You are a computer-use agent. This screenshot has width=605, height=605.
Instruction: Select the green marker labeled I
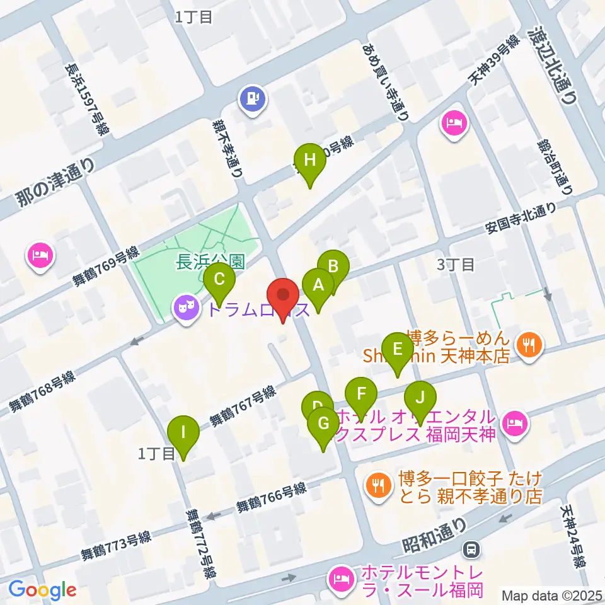point(183,434)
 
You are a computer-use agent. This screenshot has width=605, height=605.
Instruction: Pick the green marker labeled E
point(397,350)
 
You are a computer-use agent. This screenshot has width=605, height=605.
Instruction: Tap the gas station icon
point(253,98)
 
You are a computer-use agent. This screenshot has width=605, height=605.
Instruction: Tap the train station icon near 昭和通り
point(471,550)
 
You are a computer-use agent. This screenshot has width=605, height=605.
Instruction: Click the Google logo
point(43,591)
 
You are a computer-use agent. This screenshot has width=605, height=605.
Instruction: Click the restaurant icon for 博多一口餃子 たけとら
point(378,485)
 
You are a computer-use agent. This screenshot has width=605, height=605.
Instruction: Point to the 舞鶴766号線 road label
point(271,497)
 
